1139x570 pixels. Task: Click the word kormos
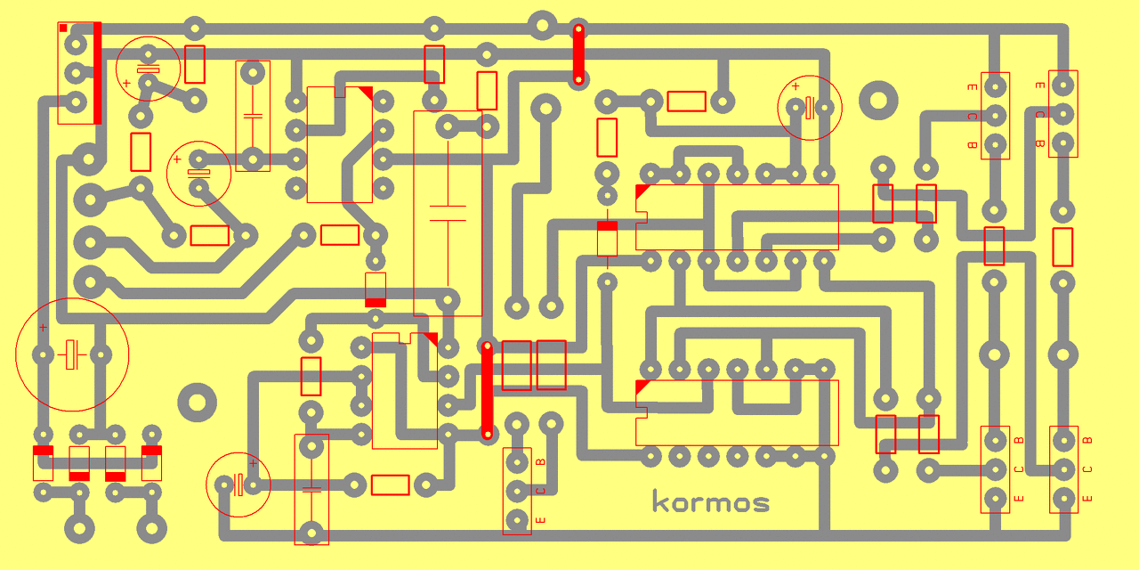[x=711, y=502]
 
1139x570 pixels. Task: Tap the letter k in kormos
[x=659, y=501]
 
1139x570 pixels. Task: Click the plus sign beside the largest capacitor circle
[x=43, y=328]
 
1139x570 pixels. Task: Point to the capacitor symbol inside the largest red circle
[x=73, y=354]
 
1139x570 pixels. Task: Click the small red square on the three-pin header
[x=63, y=28]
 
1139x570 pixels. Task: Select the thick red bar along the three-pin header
[x=97, y=73]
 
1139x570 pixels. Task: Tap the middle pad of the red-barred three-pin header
[x=77, y=72]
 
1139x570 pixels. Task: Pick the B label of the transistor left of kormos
[x=540, y=462]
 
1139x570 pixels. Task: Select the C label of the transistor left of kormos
[x=540, y=491]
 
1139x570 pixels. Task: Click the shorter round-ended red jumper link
[x=578, y=55]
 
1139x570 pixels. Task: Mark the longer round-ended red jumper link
[x=487, y=390]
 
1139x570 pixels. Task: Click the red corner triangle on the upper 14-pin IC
[x=642, y=191]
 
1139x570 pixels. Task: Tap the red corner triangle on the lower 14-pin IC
[x=642, y=387]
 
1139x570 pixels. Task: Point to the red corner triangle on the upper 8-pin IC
[x=366, y=93]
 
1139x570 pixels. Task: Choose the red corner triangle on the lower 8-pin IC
[x=432, y=338]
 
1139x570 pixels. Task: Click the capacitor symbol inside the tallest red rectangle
[x=448, y=213]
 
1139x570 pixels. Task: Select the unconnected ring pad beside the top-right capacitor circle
[x=879, y=101]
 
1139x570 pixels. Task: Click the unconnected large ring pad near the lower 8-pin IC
[x=198, y=403]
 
